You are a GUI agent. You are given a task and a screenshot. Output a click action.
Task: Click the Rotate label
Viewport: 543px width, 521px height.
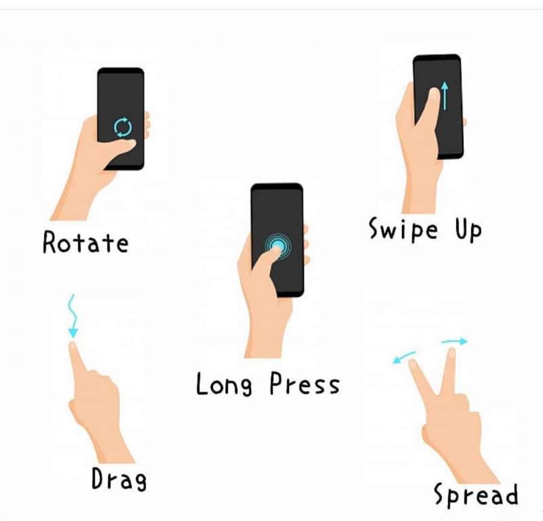click(x=86, y=242)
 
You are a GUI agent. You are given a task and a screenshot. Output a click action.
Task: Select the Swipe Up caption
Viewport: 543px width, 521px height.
click(x=425, y=229)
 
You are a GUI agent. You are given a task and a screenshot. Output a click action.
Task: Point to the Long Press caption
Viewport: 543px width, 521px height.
click(x=268, y=383)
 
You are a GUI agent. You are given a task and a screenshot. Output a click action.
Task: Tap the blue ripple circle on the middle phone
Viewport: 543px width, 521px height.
click(x=278, y=246)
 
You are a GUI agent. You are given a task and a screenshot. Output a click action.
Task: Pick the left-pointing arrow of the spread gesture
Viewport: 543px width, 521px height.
click(x=404, y=357)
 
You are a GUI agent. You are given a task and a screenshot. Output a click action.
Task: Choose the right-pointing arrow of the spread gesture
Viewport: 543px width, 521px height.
click(x=455, y=342)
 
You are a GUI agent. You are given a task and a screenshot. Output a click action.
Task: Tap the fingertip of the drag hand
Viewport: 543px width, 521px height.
click(x=73, y=345)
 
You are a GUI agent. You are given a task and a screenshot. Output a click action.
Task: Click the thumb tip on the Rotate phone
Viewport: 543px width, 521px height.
click(x=131, y=143)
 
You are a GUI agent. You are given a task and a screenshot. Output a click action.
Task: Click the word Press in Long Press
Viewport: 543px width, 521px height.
click(x=305, y=383)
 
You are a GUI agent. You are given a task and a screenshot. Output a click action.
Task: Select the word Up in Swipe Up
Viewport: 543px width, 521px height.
click(x=468, y=229)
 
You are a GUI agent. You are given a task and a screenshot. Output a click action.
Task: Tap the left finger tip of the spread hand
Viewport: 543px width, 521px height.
click(x=413, y=363)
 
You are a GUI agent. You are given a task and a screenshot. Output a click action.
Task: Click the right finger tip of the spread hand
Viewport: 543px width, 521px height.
click(x=451, y=352)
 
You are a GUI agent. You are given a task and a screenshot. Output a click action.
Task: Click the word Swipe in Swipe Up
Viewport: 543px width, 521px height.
click(x=403, y=229)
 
